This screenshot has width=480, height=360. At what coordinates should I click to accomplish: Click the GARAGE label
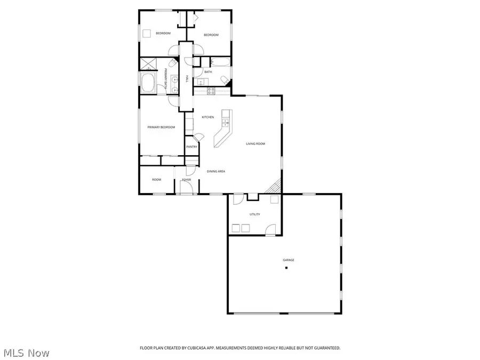click(289, 260)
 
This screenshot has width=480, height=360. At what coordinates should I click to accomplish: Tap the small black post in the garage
click(286, 268)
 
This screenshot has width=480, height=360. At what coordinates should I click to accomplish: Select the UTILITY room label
click(255, 214)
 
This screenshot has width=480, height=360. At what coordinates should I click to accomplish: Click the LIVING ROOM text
click(255, 144)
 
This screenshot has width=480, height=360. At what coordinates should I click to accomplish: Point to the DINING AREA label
click(216, 171)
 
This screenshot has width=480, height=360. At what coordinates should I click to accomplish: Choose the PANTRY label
click(191, 147)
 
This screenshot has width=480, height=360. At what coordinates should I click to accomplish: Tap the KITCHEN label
click(207, 117)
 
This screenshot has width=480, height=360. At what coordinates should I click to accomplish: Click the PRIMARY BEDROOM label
click(161, 127)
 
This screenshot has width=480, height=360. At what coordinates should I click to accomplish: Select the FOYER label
click(187, 180)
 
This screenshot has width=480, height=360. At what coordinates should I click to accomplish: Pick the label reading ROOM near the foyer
click(156, 180)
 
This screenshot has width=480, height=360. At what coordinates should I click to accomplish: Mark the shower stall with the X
click(147, 64)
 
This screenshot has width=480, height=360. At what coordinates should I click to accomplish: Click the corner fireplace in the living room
click(275, 187)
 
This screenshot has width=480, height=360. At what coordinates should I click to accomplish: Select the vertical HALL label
click(187, 79)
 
